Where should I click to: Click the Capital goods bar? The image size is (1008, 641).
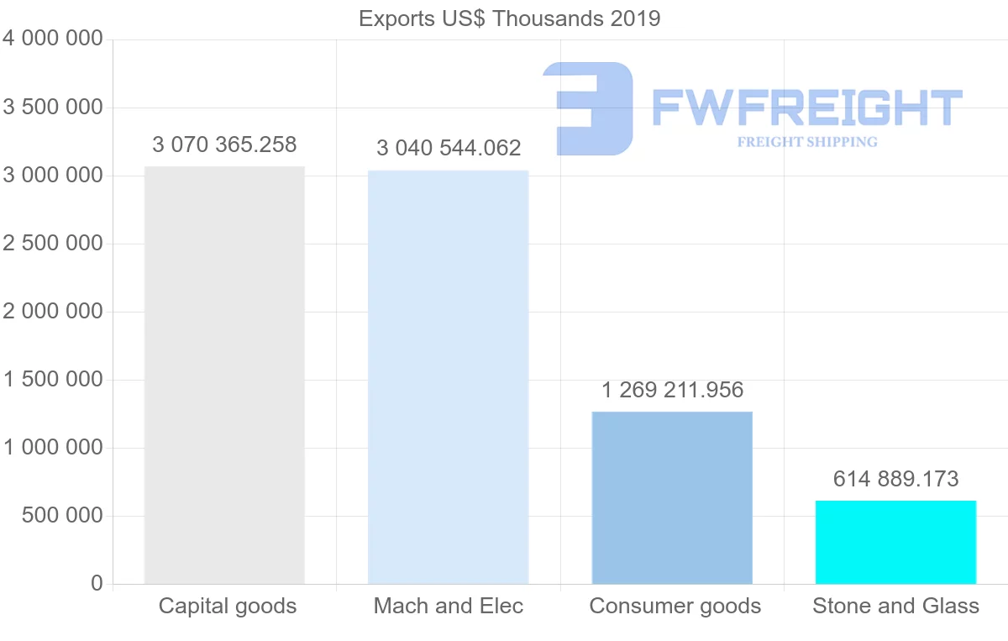224,375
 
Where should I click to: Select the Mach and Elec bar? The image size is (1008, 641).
448,377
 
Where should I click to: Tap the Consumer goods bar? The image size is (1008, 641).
672,497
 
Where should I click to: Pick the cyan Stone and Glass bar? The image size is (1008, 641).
895,542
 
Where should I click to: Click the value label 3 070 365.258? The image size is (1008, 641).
224,145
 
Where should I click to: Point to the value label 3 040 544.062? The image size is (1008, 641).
449,149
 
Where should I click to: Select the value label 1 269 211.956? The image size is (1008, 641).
672,390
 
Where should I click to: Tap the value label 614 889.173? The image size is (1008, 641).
895,479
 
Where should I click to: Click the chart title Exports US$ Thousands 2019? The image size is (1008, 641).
510,18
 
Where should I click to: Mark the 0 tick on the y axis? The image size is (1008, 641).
97,584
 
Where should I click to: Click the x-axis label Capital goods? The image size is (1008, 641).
228,606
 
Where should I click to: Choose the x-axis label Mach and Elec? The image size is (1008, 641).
449,606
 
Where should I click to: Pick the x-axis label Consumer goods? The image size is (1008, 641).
675,606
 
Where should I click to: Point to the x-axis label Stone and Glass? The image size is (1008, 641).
895,606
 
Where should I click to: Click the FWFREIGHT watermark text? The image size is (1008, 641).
806,108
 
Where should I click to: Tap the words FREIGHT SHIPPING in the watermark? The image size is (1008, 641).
807,142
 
